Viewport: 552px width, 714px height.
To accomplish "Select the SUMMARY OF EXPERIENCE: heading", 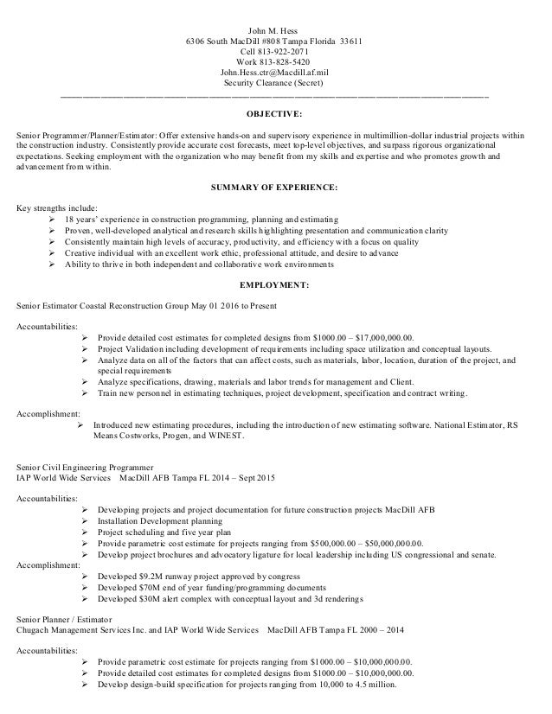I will (x=275, y=188).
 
